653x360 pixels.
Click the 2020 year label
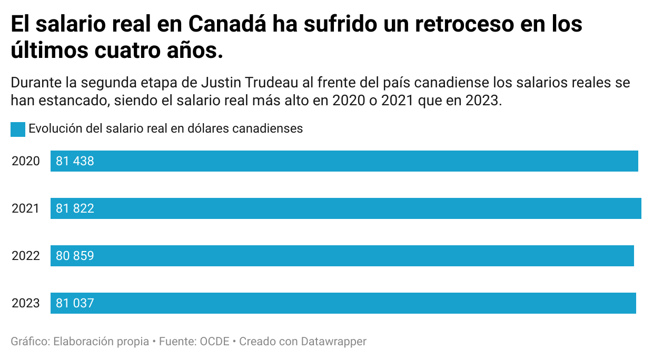coord(26,161)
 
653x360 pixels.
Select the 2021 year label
coord(26,208)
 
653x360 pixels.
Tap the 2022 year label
coord(26,256)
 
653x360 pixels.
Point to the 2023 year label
coord(26,303)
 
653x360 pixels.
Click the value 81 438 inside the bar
coord(75,161)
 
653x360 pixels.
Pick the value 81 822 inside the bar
coord(75,208)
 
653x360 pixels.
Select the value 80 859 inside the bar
coord(75,256)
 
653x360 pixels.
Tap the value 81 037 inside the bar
coord(75,303)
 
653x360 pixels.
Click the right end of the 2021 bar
coord(640,208)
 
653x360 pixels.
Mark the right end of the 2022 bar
coord(633,256)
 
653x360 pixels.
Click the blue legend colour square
coord(18,129)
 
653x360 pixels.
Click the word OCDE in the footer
coord(214,341)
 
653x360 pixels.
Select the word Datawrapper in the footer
coord(333,341)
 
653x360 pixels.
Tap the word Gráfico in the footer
coord(30,341)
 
